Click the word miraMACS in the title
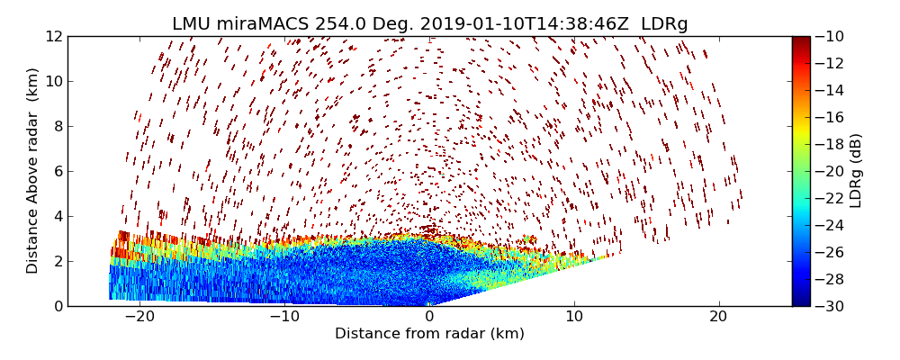[x=263, y=24]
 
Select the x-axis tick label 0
[x=429, y=317]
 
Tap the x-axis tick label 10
[x=574, y=317]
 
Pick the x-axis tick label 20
[x=718, y=317]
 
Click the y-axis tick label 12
[x=52, y=37]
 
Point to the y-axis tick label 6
[x=56, y=171]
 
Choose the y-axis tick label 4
[x=56, y=216]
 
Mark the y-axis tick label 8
[x=56, y=126]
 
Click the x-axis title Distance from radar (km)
[x=429, y=334]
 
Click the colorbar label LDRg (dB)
[x=856, y=171]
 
